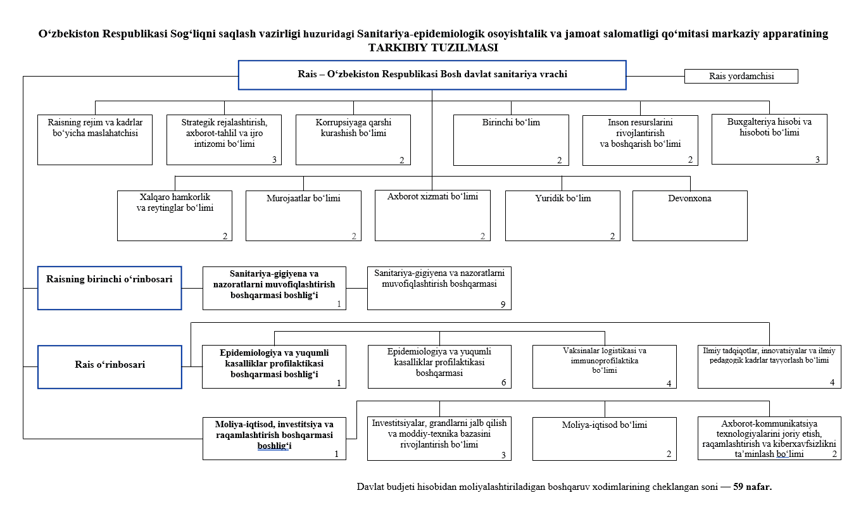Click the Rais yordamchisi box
(x=741, y=77)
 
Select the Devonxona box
(x=689, y=216)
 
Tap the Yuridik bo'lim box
(x=563, y=216)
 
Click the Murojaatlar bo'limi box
(x=303, y=216)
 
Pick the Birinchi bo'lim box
(x=511, y=141)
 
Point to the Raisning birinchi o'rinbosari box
(x=110, y=288)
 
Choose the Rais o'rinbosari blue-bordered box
(x=110, y=367)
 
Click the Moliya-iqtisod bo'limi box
(x=605, y=439)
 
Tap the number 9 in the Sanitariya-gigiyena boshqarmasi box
(x=503, y=304)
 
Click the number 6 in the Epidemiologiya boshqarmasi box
(x=503, y=383)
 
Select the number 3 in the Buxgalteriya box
(x=817, y=159)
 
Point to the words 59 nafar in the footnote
(x=752, y=487)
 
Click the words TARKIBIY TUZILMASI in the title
(x=433, y=47)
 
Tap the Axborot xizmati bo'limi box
(x=432, y=215)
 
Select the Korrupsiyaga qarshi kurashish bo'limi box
(x=353, y=140)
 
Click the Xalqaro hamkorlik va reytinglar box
(x=175, y=216)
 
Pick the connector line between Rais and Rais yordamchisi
(x=655, y=77)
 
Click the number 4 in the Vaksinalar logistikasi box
(x=669, y=384)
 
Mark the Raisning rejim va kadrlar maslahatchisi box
(x=95, y=140)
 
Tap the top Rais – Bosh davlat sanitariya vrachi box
(x=432, y=75)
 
